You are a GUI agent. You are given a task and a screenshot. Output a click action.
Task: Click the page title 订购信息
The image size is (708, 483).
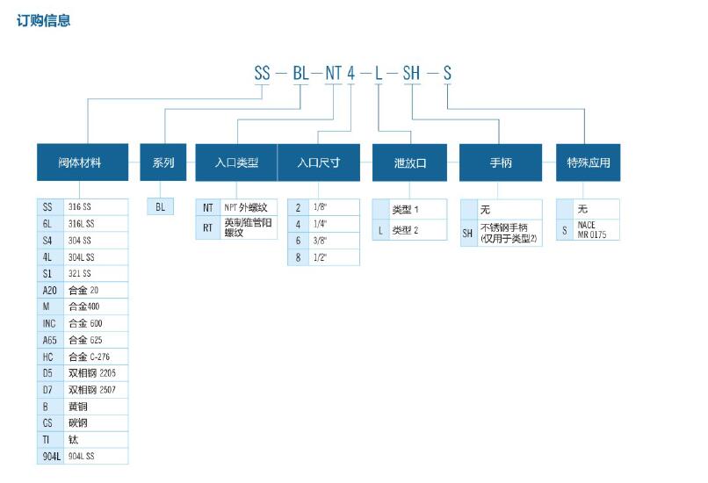[x=43, y=20]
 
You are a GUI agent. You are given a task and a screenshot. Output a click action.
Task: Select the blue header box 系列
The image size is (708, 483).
[x=163, y=162]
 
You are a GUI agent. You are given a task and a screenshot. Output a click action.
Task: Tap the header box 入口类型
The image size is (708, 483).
[x=236, y=162]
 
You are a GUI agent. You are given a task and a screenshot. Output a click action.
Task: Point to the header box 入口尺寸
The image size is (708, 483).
[x=318, y=162]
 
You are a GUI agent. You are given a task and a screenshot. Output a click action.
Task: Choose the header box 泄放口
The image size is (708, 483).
[x=410, y=162]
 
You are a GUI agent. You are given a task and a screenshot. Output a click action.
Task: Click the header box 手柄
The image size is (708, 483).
[x=500, y=162]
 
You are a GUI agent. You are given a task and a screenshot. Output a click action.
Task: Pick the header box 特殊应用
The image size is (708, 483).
[x=588, y=162]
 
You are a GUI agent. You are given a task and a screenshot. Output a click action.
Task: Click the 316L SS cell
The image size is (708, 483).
[x=97, y=223]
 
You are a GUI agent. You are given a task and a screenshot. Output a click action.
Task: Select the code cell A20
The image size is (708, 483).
[x=50, y=290]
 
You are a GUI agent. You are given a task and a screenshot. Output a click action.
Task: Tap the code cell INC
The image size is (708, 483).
[x=49, y=323]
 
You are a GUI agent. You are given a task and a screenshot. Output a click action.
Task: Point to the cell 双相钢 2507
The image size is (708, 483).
[x=97, y=389]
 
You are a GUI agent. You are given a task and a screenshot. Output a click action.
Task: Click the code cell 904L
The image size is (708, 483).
[x=50, y=456]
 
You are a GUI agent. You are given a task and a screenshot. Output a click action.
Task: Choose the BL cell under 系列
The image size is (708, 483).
[x=160, y=207]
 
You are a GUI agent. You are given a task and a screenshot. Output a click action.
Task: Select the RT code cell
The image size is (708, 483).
[x=208, y=228]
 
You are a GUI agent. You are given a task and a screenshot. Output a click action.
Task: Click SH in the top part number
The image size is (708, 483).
[x=411, y=73]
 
